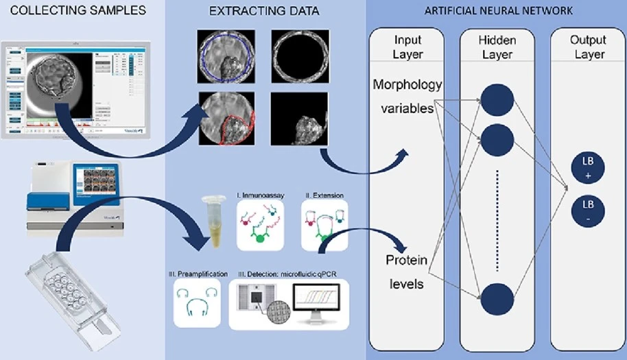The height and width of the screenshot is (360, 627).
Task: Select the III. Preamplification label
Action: [x=199, y=274]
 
